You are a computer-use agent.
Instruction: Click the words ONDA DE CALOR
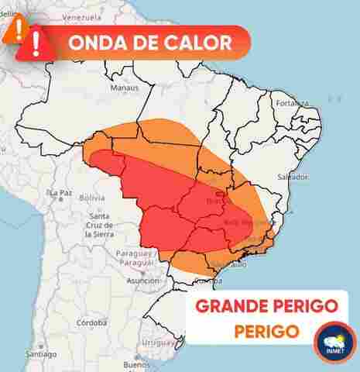tap(149, 42)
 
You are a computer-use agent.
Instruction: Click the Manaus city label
tap(124, 88)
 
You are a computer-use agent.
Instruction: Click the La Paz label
tap(60, 192)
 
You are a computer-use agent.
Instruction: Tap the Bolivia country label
tap(92, 198)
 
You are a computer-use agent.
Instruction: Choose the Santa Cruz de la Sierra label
tap(99, 224)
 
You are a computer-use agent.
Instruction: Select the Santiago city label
tap(40, 353)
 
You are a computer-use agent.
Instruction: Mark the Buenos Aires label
tap(136, 363)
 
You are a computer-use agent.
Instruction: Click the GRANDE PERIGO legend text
tap(266, 305)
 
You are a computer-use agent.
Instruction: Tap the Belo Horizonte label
tap(247, 222)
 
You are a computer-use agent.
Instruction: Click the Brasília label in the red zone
tap(214, 201)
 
